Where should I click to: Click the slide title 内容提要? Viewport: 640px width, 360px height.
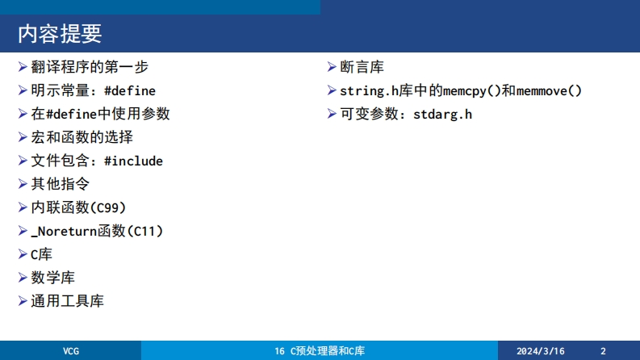[x=60, y=33]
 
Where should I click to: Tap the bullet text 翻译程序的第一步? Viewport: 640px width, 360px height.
[x=90, y=67]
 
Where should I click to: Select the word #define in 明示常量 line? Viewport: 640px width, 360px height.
[x=130, y=90]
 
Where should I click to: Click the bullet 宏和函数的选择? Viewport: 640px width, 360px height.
[x=82, y=137]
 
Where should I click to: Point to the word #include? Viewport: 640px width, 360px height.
[x=133, y=161]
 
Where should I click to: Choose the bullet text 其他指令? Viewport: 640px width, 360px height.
[x=60, y=184]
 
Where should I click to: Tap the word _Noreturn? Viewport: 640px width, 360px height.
[x=64, y=232]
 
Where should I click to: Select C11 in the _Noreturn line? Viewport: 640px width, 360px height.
[x=144, y=232]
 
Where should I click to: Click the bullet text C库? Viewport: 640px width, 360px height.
[x=42, y=255]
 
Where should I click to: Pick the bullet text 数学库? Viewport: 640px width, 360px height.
[x=53, y=278]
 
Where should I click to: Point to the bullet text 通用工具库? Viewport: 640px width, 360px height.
[x=67, y=301]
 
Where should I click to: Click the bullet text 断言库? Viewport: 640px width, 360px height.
[x=362, y=67]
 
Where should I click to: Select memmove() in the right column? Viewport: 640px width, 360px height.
[x=549, y=90]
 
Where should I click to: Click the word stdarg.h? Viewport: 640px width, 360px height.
[x=442, y=115]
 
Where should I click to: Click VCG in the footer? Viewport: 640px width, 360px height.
[x=70, y=351]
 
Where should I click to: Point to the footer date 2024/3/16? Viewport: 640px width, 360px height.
[x=541, y=351]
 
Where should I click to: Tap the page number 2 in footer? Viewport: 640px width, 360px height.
[x=603, y=351]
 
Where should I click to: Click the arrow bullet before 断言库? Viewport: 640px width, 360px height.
[x=332, y=66]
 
